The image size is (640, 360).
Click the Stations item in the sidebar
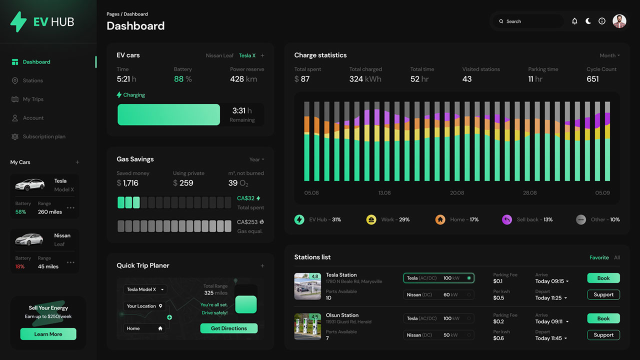32,80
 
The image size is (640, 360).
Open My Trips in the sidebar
33,99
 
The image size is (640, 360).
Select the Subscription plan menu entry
44,136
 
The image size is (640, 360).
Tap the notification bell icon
574,21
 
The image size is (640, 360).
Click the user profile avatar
619,21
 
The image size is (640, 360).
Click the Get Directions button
228,328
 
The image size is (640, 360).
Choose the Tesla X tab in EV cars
247,55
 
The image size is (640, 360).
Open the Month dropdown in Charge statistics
609,55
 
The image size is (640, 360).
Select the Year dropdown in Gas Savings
256,159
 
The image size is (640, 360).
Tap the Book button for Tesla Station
603,278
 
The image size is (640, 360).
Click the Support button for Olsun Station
603,335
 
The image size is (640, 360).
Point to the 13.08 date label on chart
384,193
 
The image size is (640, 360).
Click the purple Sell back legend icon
507,219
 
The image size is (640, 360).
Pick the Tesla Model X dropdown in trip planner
145,289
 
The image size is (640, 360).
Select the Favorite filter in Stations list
599,257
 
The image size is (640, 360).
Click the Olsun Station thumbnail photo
307,326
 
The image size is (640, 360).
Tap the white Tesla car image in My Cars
30,185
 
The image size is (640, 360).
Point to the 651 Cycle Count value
592,79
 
